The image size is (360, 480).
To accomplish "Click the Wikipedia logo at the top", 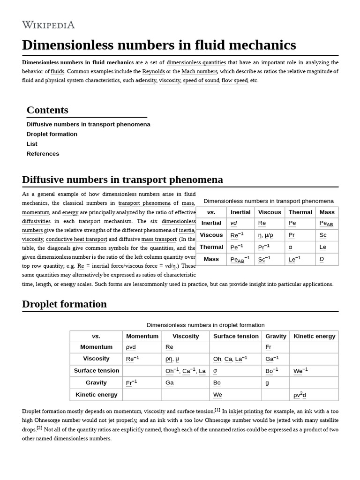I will [48, 25].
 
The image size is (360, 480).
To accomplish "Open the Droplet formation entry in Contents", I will [52, 134].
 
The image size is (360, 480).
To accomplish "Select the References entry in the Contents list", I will [43, 154].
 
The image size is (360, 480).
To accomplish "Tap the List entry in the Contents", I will [31, 144].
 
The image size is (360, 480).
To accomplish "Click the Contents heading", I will [47, 110].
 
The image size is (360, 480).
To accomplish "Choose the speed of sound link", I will [201, 81].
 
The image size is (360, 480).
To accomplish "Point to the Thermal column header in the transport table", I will [300, 212].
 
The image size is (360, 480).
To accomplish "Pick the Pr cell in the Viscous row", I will [292, 235].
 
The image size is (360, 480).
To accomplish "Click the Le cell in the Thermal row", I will [322, 247].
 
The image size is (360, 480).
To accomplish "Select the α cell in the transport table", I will [290, 247].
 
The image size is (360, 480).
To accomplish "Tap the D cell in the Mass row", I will [322, 259].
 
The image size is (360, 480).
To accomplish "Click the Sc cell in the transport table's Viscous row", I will [323, 235].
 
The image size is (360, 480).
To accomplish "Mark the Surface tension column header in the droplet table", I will [236, 336].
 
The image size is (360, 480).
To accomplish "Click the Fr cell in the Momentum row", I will [268, 347].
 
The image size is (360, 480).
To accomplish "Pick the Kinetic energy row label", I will [96, 395].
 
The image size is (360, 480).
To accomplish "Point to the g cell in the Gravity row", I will [267, 382].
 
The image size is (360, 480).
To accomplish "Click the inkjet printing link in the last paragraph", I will [246, 412].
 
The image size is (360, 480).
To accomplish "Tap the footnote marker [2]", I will [39, 428].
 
